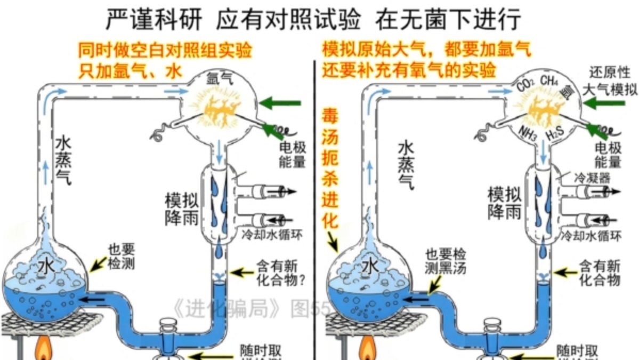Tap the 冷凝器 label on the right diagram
pyautogui.click(x=592, y=177)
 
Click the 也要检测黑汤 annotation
pyautogui.click(x=445, y=260)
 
